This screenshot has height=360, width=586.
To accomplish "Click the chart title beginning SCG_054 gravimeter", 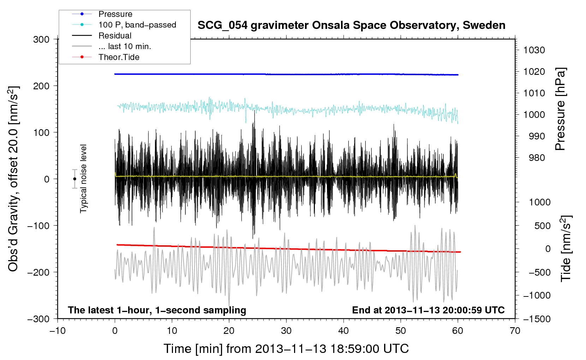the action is (351, 25).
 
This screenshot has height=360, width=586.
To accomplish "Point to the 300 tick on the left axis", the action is (41, 40).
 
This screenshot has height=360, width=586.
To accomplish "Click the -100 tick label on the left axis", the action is (38, 226).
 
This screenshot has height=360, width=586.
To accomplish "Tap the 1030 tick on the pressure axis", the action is (534, 50).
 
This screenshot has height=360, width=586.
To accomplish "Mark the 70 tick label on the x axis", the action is (515, 331).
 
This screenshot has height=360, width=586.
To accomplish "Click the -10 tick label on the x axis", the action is (58, 331).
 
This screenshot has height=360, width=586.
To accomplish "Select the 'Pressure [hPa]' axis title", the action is (560, 109).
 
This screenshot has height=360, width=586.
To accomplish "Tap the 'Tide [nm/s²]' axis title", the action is (566, 248).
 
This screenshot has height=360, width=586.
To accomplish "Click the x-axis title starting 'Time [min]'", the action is (286, 349).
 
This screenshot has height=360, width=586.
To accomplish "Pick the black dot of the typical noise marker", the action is (74, 179).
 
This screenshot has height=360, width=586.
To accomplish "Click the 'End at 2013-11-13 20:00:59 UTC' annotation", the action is (428, 310).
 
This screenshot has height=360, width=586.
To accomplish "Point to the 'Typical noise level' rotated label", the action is (83, 179).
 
